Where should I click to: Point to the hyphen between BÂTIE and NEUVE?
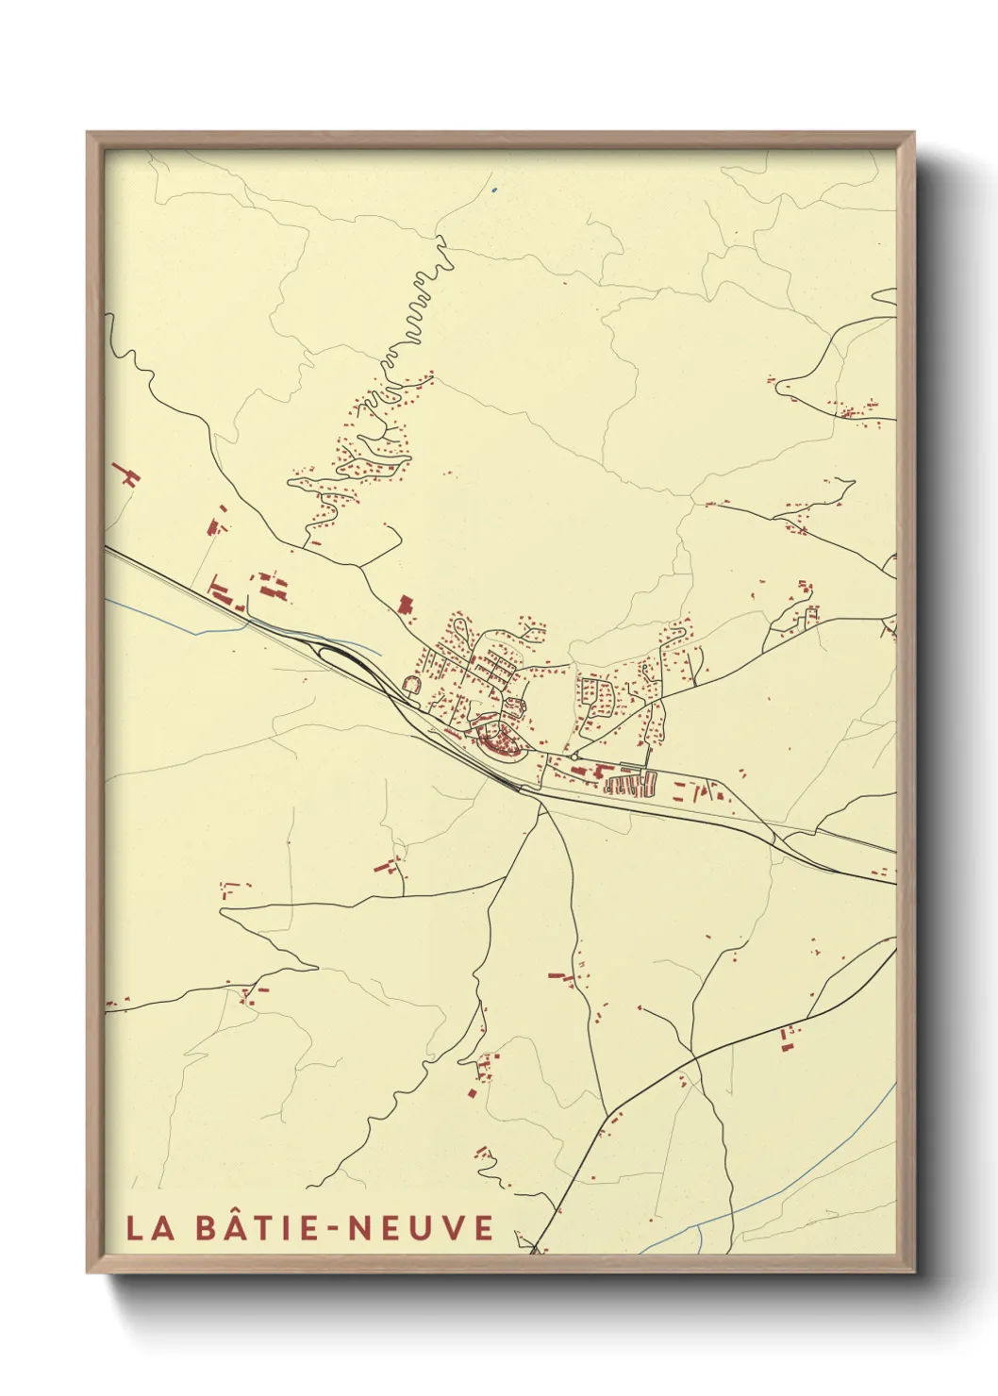pyautogui.click(x=338, y=1228)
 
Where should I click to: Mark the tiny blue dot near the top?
pyautogui.click(x=494, y=190)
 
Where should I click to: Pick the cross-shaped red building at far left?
pyautogui.click(x=126, y=474)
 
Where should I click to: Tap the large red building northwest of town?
pyautogui.click(x=407, y=604)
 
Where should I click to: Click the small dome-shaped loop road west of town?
pyautogui.click(x=411, y=683)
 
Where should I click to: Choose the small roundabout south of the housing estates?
pyautogui.click(x=574, y=756)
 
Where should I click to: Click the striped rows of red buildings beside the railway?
pyautogui.click(x=629, y=783)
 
